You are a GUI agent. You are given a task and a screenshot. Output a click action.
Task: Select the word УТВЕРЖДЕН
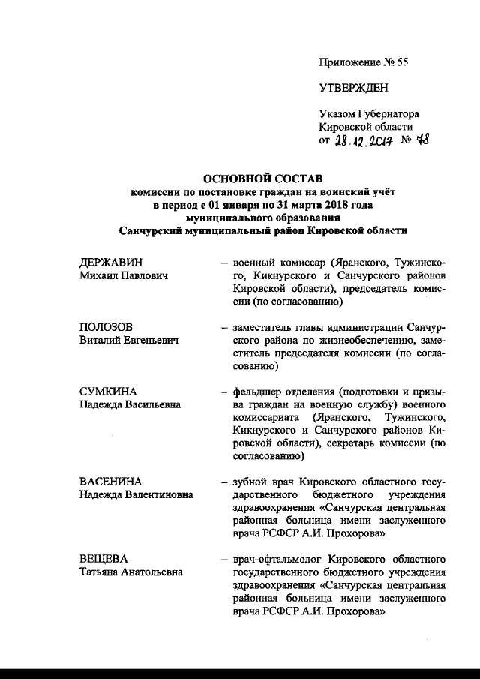point(354,88)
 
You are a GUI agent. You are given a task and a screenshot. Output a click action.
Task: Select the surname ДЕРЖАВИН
point(110,262)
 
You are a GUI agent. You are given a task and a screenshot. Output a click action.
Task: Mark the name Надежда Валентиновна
point(136,494)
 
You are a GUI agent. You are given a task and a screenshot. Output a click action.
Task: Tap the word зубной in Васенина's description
point(250,480)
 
